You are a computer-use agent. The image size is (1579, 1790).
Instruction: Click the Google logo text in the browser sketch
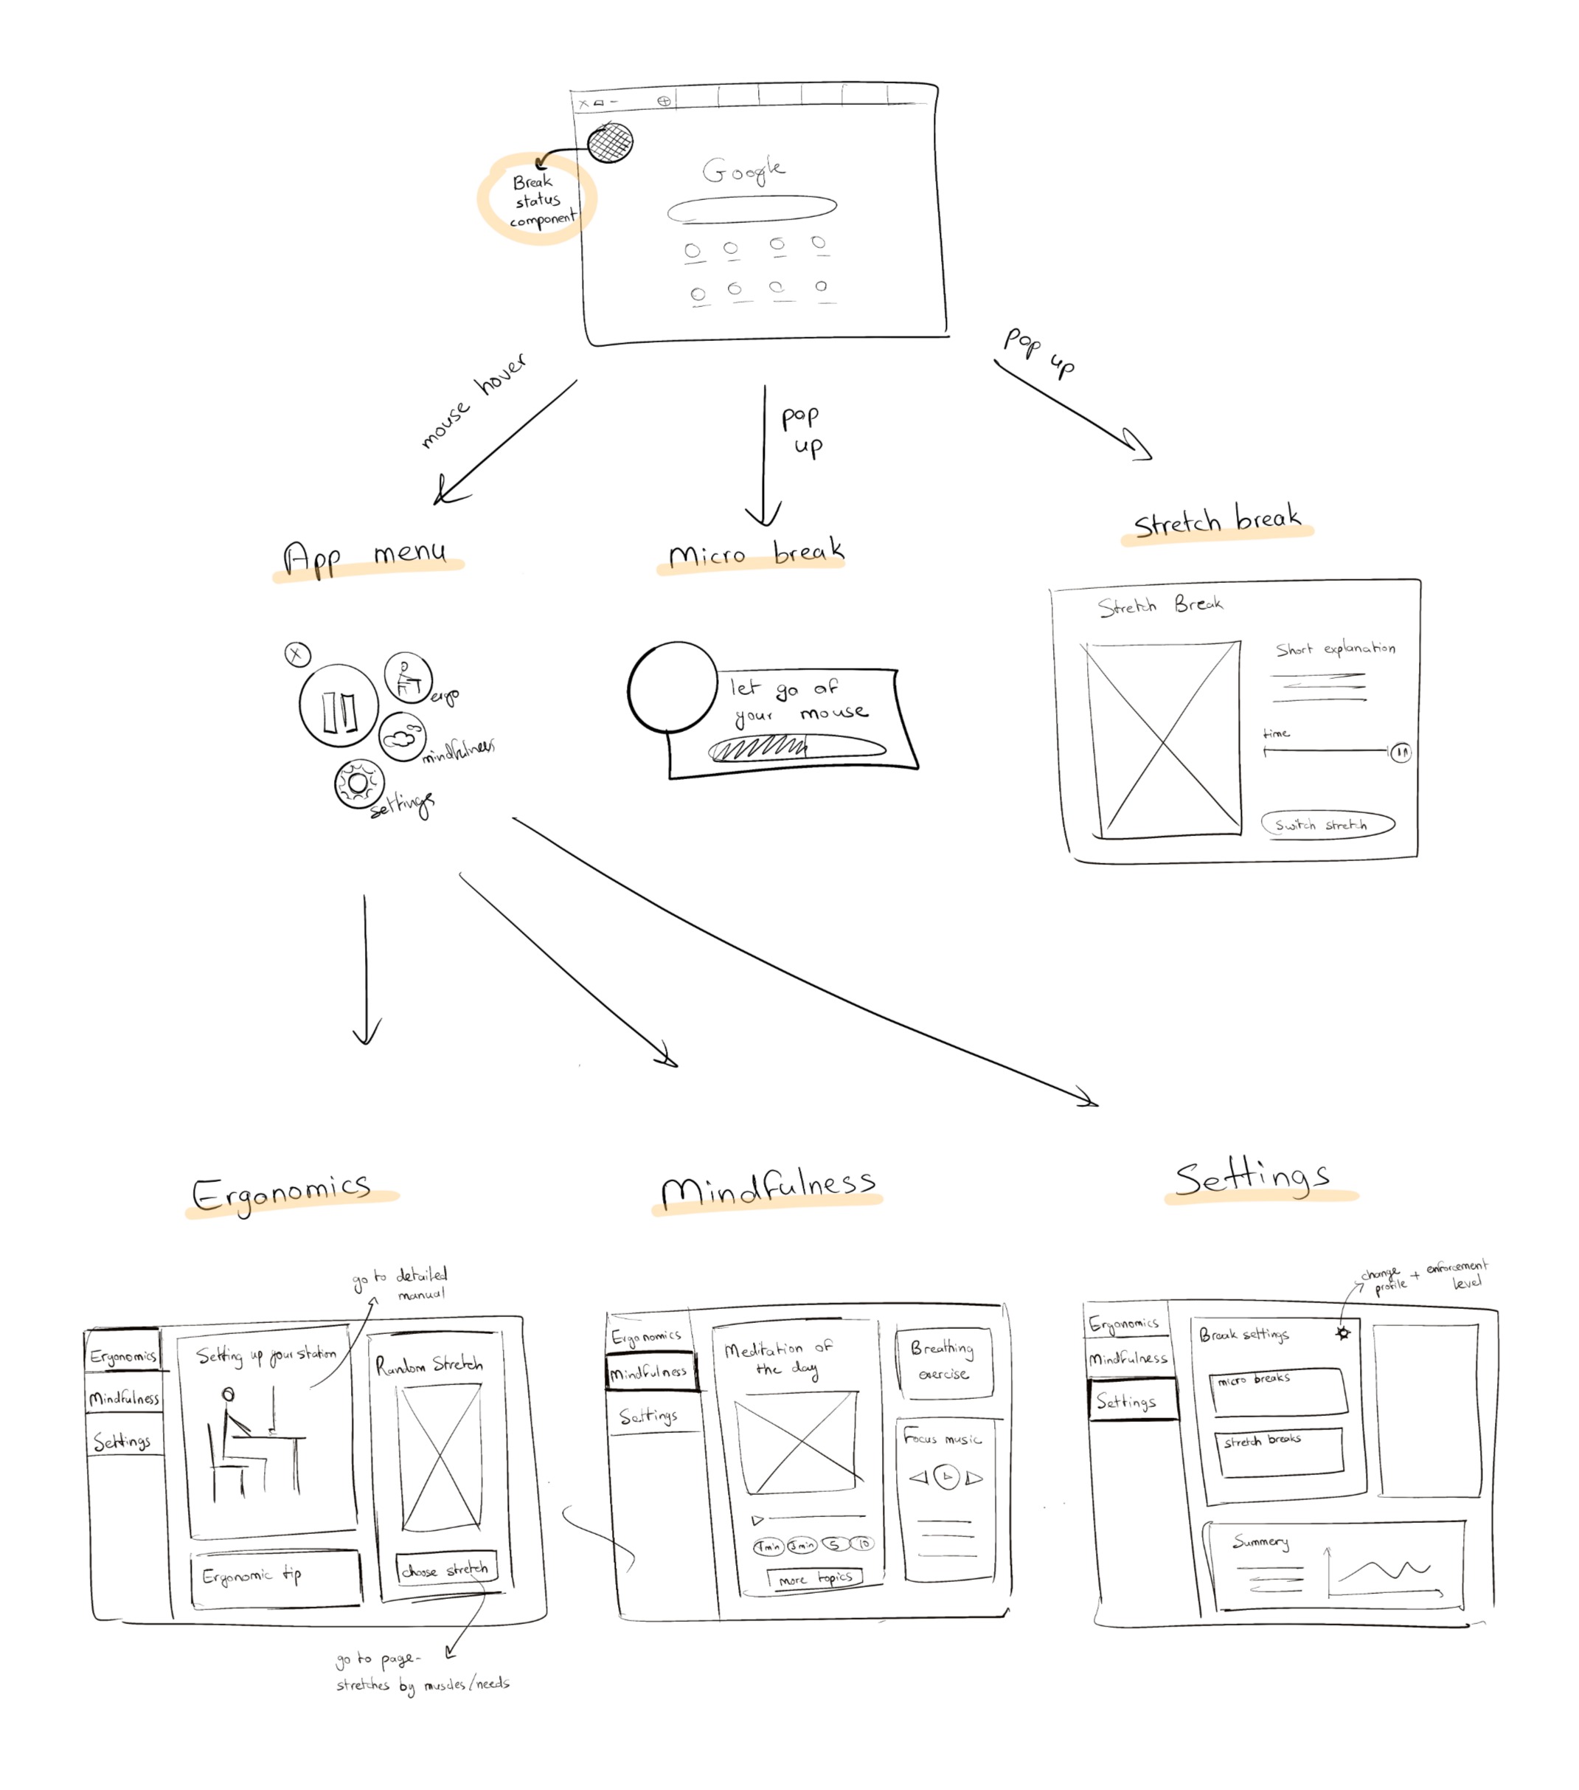tap(743, 170)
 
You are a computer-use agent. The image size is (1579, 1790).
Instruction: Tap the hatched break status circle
tap(610, 142)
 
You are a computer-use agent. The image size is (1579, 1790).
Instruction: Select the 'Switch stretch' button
tap(1327, 824)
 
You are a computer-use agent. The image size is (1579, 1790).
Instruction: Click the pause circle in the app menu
tap(339, 706)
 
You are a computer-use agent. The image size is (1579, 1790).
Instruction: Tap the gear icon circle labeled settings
tap(358, 783)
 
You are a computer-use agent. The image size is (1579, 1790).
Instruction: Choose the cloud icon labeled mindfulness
tap(402, 736)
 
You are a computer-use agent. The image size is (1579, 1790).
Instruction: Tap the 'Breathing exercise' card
tap(943, 1362)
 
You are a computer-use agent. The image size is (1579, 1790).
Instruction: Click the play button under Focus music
tap(946, 1477)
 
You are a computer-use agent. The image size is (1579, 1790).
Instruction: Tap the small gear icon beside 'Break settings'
tap(1343, 1333)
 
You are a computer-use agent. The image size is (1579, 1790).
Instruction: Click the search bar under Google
tap(751, 208)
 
